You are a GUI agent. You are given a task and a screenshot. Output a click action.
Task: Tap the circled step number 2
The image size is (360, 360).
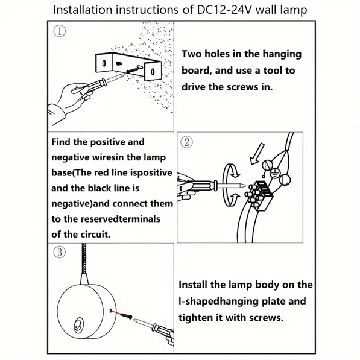187,143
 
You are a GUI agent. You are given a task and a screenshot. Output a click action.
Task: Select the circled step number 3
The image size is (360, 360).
58,251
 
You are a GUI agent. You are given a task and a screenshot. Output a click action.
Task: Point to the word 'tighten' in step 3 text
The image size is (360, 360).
201,317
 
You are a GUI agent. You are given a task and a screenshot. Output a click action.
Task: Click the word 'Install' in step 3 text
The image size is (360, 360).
198,284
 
